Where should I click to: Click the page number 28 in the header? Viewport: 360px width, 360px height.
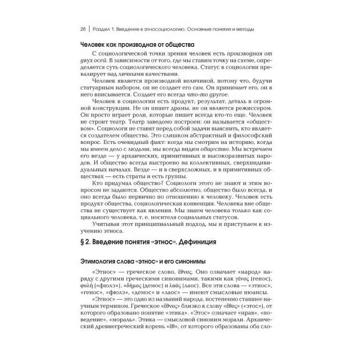tap(83, 29)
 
